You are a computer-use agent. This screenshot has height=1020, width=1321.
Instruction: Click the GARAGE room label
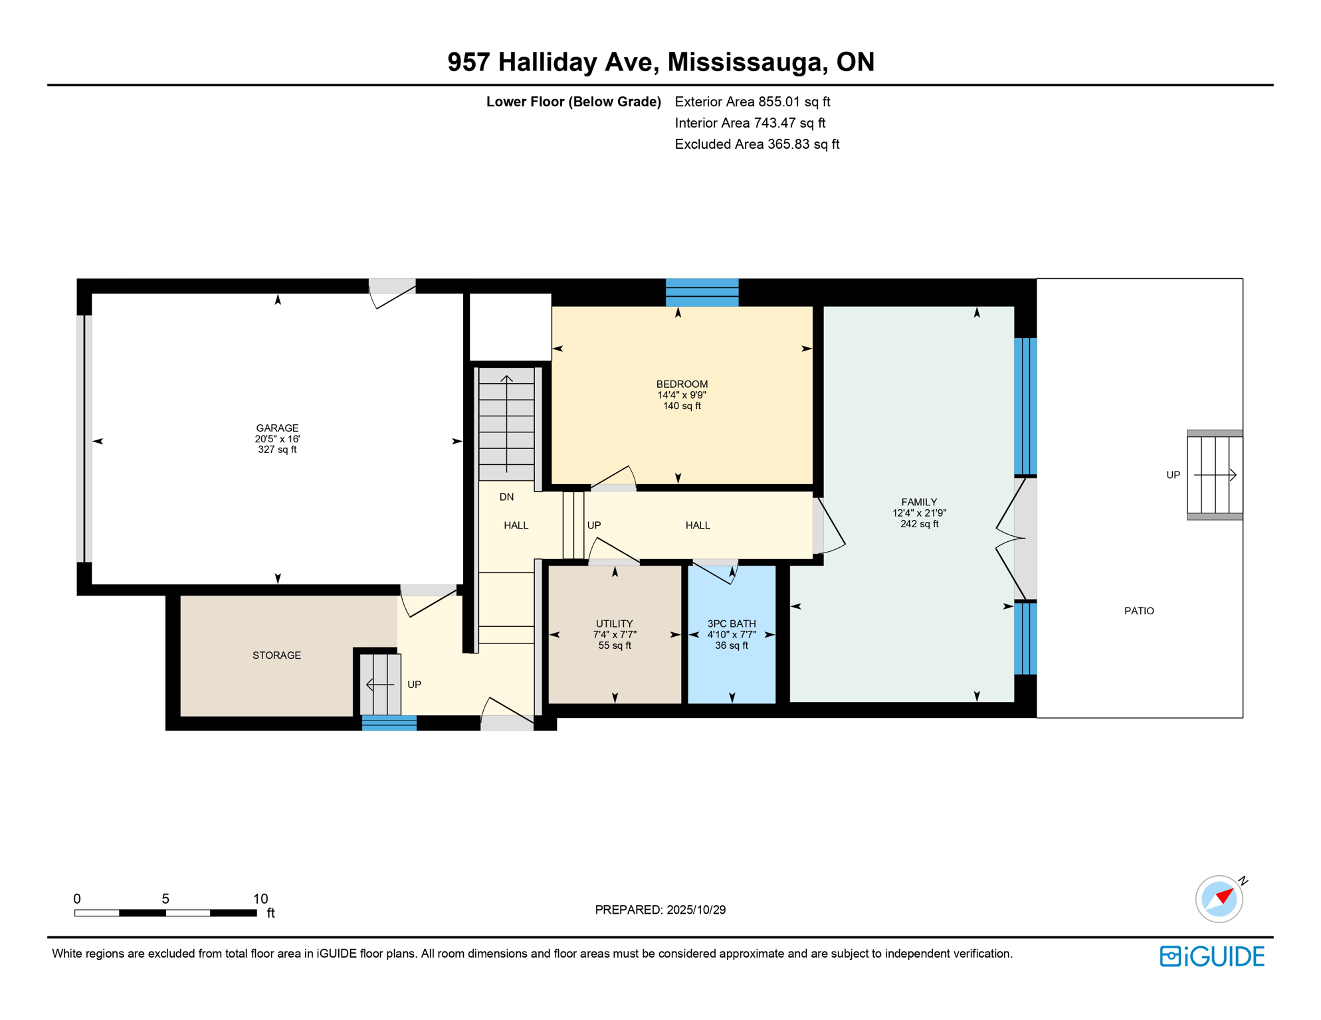[x=277, y=428]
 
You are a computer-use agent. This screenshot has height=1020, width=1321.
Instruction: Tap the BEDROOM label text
[x=682, y=384]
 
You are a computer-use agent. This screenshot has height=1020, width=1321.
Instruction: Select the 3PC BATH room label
[x=731, y=624]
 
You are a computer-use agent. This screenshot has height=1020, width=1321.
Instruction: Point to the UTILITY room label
[x=614, y=624]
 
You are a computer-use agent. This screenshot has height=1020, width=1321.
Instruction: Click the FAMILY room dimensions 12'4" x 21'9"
[x=919, y=513]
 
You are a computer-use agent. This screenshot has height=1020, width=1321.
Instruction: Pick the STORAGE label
[x=276, y=655]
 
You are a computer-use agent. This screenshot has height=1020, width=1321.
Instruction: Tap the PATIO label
[x=1138, y=611]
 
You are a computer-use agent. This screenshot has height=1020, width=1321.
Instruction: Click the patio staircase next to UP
[x=1215, y=475]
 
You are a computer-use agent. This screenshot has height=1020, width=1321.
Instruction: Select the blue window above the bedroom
[x=702, y=292]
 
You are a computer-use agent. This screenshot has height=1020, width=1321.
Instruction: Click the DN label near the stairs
[x=506, y=497]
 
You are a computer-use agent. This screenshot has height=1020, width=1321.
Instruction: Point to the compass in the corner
[x=1219, y=899]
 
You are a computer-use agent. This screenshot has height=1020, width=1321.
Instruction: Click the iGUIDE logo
[x=1212, y=956]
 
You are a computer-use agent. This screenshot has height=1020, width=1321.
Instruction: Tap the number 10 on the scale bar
[x=260, y=898]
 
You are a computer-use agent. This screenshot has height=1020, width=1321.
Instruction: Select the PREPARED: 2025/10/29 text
[x=660, y=910]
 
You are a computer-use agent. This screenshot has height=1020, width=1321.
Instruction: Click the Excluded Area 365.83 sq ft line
[x=757, y=144]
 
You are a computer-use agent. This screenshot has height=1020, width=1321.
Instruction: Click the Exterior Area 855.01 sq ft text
[x=752, y=102]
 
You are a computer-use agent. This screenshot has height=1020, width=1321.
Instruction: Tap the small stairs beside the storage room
[x=381, y=684]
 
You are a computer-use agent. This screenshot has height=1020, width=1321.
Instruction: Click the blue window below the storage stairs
[x=389, y=723]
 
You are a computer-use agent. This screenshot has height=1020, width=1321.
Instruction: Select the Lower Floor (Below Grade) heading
[x=573, y=102]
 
